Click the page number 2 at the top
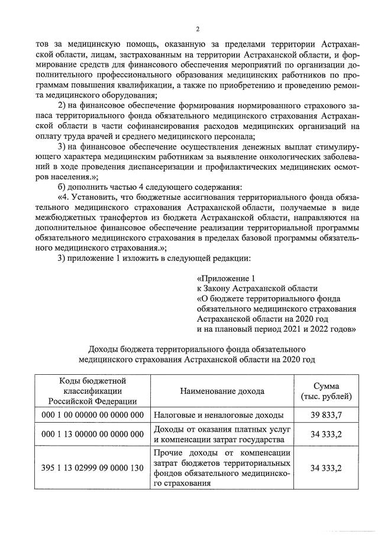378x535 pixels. pos(197,29)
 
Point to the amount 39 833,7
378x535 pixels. pos(326,416)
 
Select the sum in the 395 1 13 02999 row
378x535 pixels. pos(326,467)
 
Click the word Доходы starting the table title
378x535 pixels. pos(106,347)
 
